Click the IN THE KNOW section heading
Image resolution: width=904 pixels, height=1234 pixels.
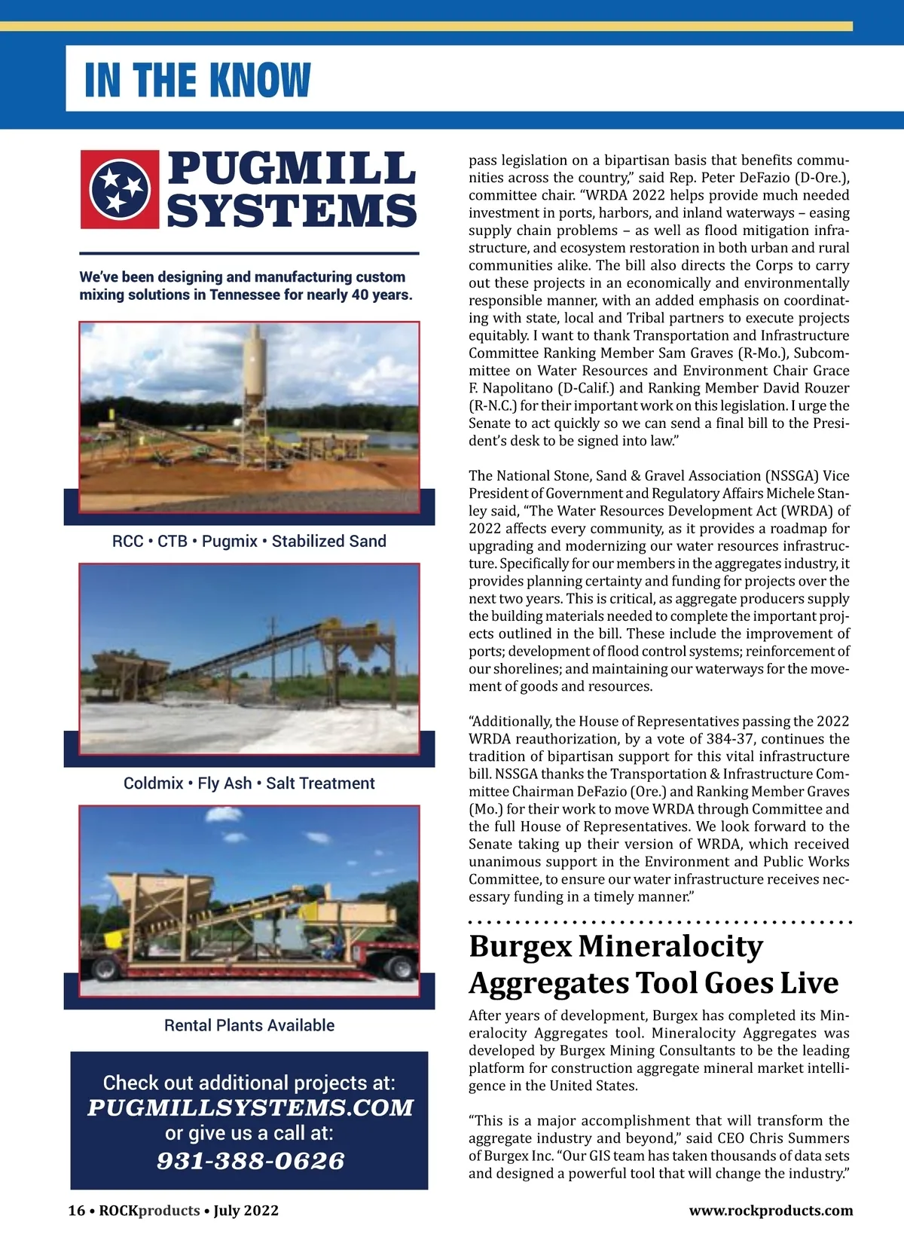coord(197,80)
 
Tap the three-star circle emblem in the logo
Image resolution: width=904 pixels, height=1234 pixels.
coord(120,188)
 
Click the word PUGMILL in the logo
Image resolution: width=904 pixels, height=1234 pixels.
coord(291,168)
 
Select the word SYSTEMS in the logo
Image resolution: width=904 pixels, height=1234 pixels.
coord(291,210)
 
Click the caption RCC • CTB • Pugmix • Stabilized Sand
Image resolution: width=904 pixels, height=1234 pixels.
coord(249,541)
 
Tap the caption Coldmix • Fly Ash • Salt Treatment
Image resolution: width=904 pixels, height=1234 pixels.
coord(249,783)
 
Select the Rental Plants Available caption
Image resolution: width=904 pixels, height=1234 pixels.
coord(249,1025)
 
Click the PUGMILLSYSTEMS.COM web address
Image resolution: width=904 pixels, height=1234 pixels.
coord(250,1107)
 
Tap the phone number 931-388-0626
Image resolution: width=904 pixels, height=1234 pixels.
coord(250,1161)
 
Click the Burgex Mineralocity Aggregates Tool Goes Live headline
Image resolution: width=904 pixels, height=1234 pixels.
coord(653,964)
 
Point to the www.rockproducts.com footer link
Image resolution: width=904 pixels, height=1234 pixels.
coord(771,1211)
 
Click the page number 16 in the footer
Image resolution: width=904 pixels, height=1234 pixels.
coord(76,1211)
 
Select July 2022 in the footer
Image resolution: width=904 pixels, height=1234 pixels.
coord(246,1211)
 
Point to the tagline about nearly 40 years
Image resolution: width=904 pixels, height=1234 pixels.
coord(246,286)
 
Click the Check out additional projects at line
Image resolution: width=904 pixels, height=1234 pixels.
coord(249,1083)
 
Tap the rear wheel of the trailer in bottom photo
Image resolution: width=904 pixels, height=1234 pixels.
coord(402,968)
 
